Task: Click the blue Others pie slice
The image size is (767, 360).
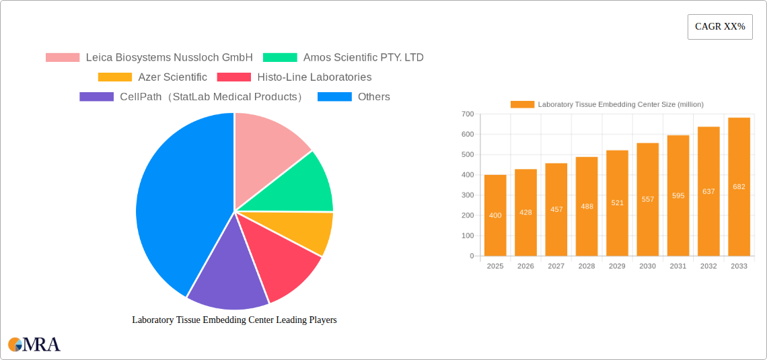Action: click(175, 202)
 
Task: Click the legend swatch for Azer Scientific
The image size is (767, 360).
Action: click(114, 77)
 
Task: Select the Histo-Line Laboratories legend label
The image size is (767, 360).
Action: click(314, 77)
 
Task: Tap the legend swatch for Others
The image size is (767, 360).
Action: click(334, 97)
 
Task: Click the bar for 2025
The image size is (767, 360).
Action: click(495, 215)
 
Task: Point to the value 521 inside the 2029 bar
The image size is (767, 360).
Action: click(617, 203)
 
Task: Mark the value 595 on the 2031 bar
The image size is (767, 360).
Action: click(678, 196)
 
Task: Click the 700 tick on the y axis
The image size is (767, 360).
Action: click(467, 114)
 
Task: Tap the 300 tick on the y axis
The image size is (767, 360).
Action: click(467, 195)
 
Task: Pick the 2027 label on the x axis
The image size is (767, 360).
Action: click(556, 266)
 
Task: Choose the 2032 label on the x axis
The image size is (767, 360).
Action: click(708, 266)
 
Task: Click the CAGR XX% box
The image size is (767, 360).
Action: click(720, 27)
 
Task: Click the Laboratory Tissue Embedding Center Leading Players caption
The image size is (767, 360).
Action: click(234, 320)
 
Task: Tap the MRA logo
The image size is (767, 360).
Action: click(34, 345)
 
